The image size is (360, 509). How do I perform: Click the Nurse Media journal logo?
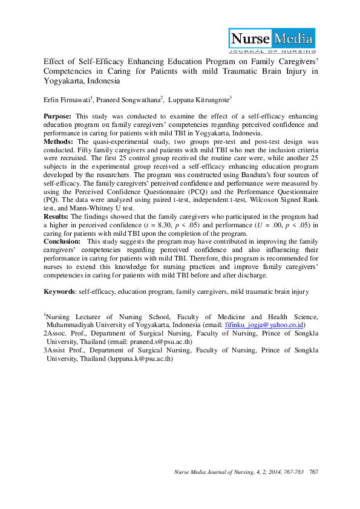[271, 41]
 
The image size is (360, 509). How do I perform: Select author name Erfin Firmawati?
[66, 99]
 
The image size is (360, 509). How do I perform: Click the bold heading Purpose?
[58, 115]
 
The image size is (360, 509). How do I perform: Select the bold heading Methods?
[59, 140]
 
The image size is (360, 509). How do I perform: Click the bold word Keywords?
[59, 291]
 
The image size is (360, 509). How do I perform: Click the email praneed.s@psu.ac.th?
[165, 341]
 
